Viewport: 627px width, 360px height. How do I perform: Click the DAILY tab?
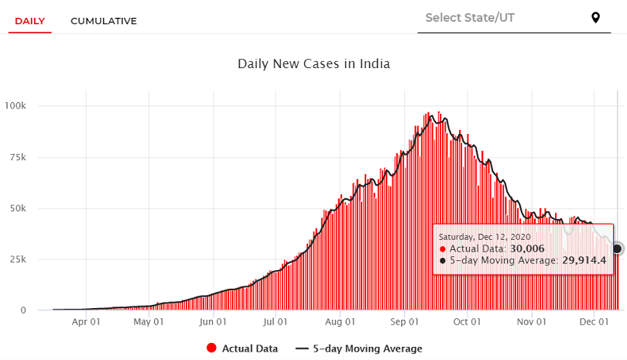point(30,21)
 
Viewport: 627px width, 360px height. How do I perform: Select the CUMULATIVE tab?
point(104,21)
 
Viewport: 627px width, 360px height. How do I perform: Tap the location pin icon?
point(595,18)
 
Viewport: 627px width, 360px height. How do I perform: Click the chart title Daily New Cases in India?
point(313,63)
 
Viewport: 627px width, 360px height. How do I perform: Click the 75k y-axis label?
point(18,157)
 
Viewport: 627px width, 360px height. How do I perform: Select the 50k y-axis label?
point(18,208)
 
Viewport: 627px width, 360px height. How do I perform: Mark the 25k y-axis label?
point(18,259)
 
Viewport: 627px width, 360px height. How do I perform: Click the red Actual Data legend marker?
point(211,348)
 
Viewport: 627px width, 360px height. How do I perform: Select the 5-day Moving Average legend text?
point(368,348)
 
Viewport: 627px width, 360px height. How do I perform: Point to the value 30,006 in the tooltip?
point(527,249)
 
